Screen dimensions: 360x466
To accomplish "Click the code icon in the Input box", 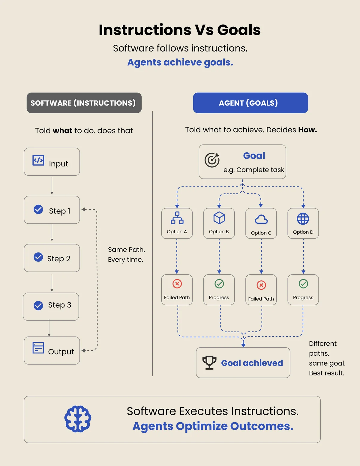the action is click(38, 160).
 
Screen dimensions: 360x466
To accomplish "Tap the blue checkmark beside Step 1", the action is click(38, 209).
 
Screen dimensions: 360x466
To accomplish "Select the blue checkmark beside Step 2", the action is click(38, 257).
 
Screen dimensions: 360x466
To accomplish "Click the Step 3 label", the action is click(59, 305).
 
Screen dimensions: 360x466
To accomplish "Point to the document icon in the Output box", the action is click(38, 348).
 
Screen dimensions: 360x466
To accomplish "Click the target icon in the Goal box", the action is click(212, 160).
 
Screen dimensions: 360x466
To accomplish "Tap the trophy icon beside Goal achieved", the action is click(209, 363).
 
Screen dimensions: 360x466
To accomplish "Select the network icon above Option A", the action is click(177, 218).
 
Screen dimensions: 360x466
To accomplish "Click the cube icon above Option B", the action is click(219, 218).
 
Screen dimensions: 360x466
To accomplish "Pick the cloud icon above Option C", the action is click(261, 220).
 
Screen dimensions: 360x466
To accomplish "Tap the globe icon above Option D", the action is click(303, 219).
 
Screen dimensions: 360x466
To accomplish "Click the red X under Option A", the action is click(177, 284).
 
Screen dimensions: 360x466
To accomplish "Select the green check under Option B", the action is click(219, 284).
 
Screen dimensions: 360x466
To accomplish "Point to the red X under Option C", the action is click(261, 285).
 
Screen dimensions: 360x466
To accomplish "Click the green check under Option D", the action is click(303, 284).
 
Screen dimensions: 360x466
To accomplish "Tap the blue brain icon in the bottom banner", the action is click(78, 419).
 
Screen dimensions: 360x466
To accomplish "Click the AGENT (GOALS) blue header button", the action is click(250, 103).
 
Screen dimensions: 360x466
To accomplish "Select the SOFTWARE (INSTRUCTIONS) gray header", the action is click(84, 103).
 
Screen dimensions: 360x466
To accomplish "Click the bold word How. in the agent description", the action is click(307, 130).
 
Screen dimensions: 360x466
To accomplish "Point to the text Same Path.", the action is click(126, 249).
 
